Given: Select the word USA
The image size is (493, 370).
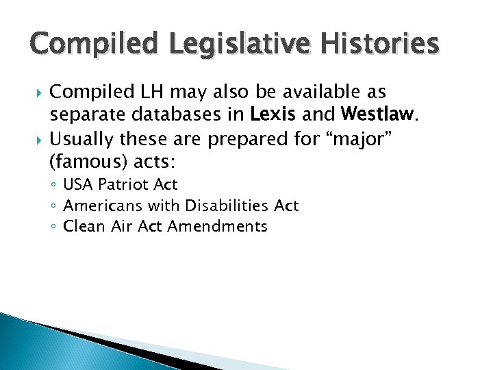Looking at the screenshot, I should pos(79,184).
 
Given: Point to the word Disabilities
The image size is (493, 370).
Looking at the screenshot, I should pos(217,206).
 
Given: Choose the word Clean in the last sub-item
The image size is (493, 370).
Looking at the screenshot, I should pos(81,226).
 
